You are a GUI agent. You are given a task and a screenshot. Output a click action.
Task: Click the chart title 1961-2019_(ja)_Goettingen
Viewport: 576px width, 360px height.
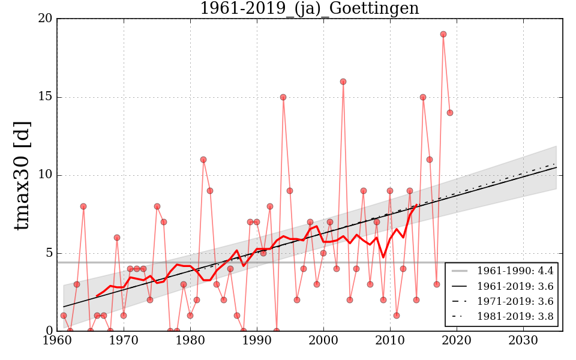pyautogui.click(x=309, y=9)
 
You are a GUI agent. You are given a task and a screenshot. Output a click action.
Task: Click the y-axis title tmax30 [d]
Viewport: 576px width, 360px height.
pyautogui.click(x=22, y=175)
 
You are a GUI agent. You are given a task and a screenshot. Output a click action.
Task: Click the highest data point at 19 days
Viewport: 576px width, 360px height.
pyautogui.click(x=443, y=34)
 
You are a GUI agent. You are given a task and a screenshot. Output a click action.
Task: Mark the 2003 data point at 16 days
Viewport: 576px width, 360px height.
pyautogui.click(x=343, y=82)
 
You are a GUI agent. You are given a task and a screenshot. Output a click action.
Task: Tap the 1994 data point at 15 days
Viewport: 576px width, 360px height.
pyautogui.click(x=283, y=97)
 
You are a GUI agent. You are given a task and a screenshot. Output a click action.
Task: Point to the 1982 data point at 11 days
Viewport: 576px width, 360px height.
pyautogui.click(x=203, y=160)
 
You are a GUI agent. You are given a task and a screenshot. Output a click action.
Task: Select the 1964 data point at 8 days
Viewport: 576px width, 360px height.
pyautogui.click(x=83, y=206)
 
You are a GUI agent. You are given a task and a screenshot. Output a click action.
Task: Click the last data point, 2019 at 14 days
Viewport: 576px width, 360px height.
pyautogui.click(x=450, y=113)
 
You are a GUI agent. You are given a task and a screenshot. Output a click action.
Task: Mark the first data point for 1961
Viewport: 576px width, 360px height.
pyautogui.click(x=64, y=316)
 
